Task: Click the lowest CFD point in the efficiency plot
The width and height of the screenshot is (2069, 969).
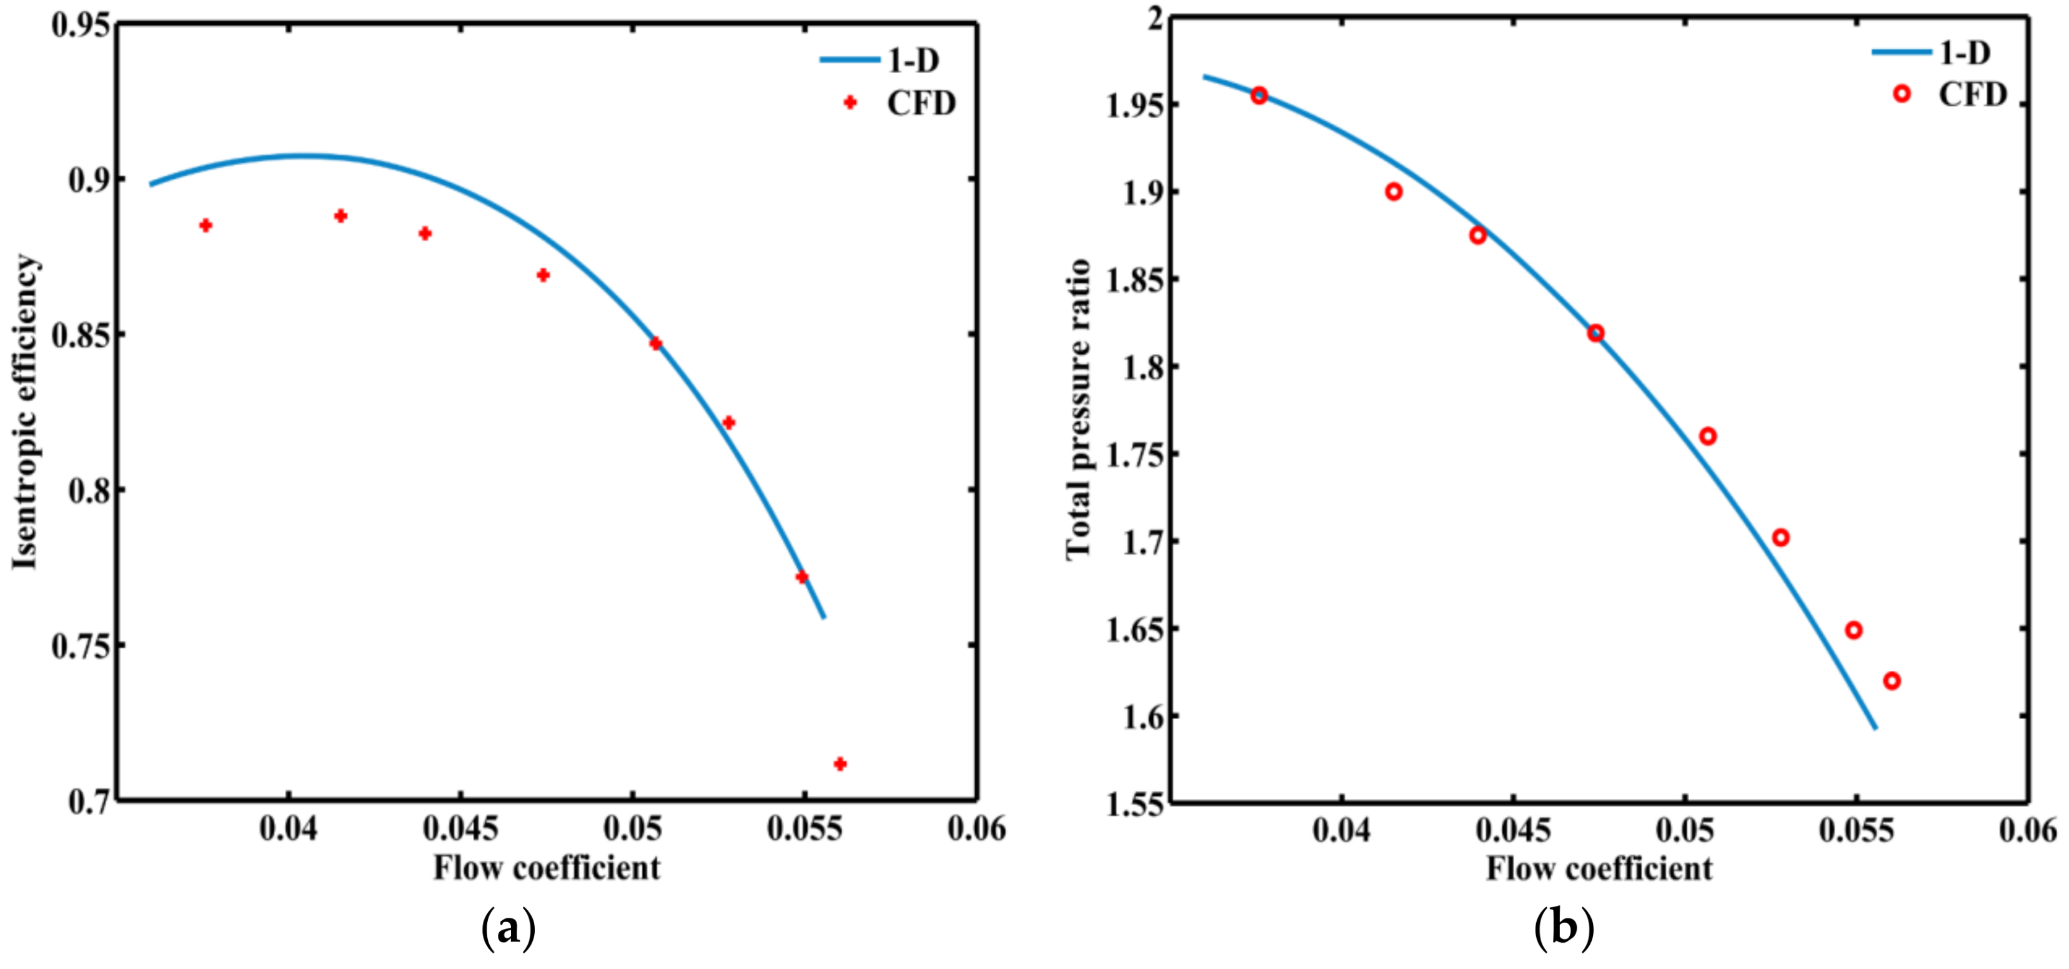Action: click(x=840, y=763)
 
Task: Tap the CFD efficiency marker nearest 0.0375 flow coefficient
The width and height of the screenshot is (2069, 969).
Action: click(x=206, y=225)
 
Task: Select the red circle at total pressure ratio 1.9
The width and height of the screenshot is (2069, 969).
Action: click(x=1394, y=191)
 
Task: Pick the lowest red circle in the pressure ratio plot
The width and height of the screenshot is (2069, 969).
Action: click(x=1892, y=681)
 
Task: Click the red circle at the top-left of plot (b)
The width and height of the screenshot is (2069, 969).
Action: click(x=1259, y=96)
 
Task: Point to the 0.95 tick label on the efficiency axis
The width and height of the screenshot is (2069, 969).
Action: click(x=81, y=24)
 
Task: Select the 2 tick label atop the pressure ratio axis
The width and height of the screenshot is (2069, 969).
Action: click(x=1155, y=18)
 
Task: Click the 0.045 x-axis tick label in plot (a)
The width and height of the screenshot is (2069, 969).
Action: click(x=460, y=828)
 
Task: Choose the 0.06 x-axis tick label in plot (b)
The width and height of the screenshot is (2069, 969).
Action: click(x=2027, y=829)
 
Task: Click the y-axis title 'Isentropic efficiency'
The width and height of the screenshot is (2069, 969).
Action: click(x=25, y=412)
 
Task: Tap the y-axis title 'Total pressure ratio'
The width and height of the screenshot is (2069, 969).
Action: click(x=1078, y=409)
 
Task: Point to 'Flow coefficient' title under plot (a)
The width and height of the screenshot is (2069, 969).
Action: click(x=547, y=868)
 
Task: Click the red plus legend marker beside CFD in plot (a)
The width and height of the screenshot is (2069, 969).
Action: click(x=850, y=103)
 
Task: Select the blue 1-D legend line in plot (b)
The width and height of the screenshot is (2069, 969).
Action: click(x=1901, y=53)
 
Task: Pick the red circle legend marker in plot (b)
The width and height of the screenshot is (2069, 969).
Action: click(x=1901, y=94)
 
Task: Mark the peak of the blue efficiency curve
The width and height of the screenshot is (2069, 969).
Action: click(x=301, y=155)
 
